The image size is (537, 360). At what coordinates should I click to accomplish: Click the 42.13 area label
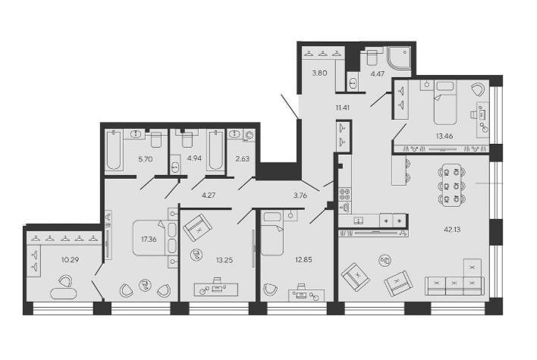coord(452,230)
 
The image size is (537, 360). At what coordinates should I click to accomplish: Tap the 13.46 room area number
coord(444,136)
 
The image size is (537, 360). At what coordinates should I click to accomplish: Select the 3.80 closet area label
coord(319,73)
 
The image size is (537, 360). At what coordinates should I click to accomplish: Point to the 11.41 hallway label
coord(343,108)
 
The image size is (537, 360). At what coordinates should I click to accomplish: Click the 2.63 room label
coord(243,159)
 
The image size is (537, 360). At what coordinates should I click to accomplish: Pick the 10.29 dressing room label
coord(71,260)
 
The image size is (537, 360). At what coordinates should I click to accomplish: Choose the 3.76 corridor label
coord(300,196)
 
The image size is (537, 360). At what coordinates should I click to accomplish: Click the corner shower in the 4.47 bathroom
coord(399,58)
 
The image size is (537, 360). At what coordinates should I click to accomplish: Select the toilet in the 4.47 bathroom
coord(371,57)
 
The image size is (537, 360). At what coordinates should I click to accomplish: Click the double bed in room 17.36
coord(155,238)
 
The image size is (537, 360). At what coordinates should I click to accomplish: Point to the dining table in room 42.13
coord(452,186)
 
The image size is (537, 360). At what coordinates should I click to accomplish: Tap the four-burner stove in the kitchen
coord(345,194)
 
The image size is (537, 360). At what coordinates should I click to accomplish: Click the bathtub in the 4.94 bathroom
coord(215,150)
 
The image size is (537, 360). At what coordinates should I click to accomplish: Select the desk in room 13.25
coord(215,290)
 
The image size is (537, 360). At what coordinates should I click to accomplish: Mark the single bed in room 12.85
coord(272,233)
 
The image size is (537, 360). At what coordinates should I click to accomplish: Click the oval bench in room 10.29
coord(64,294)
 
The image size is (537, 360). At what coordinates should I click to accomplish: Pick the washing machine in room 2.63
coord(249,136)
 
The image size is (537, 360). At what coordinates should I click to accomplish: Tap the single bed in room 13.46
coord(445,102)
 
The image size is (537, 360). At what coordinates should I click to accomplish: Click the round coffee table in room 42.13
coord(385,261)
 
